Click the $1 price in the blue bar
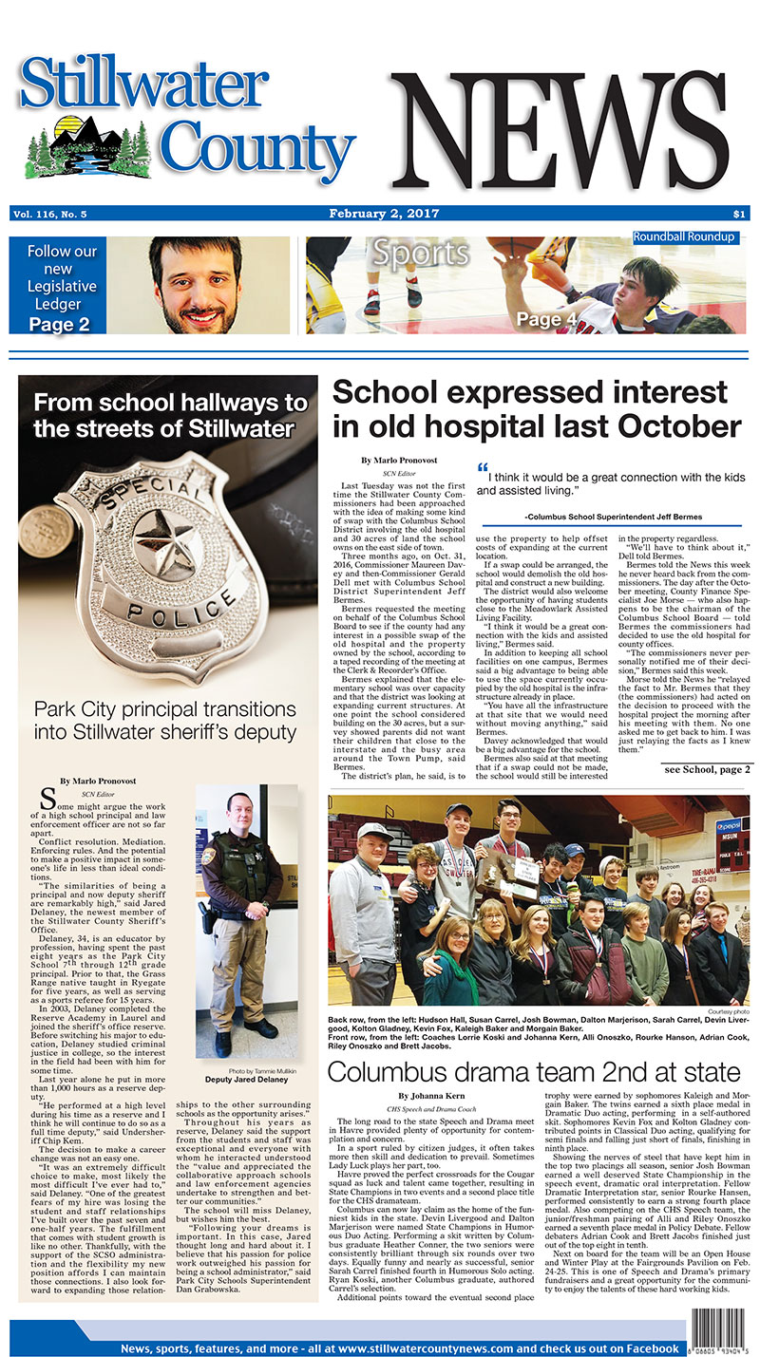coord(739,214)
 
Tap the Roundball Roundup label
coord(684,236)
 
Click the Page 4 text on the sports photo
coord(541,320)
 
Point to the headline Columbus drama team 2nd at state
coord(534,1072)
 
